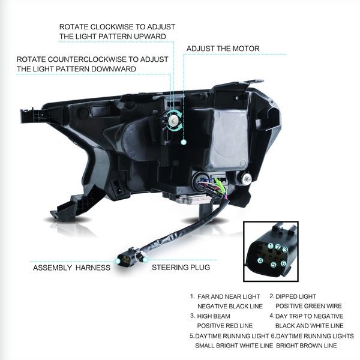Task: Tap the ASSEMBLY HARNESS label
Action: pyautogui.click(x=71, y=268)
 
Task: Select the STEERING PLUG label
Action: pyautogui.click(x=181, y=268)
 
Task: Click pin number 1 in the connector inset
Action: pyautogui.click(x=271, y=246)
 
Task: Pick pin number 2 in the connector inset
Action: pyautogui.click(x=278, y=247)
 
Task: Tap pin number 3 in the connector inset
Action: pyautogui.click(x=285, y=250)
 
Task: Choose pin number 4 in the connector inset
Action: pyautogui.click(x=260, y=260)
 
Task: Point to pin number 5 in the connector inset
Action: pyautogui.click(x=274, y=265)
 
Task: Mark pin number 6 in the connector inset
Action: pyautogui.click(x=283, y=263)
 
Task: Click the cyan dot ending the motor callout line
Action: pyautogui.click(x=184, y=142)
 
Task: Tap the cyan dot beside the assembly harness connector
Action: pyautogui.click(x=118, y=261)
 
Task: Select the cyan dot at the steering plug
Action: pyautogui.click(x=145, y=260)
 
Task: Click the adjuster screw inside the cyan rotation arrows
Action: pyautogui.click(x=173, y=119)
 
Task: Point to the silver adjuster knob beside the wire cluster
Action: pyautogui.click(x=246, y=178)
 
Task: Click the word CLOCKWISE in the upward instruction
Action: pyautogui.click(x=112, y=27)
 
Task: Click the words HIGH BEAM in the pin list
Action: pyautogui.click(x=214, y=316)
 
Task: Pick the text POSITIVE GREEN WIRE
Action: pyautogui.click(x=308, y=306)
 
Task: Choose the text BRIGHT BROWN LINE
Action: pyautogui.click(x=307, y=346)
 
